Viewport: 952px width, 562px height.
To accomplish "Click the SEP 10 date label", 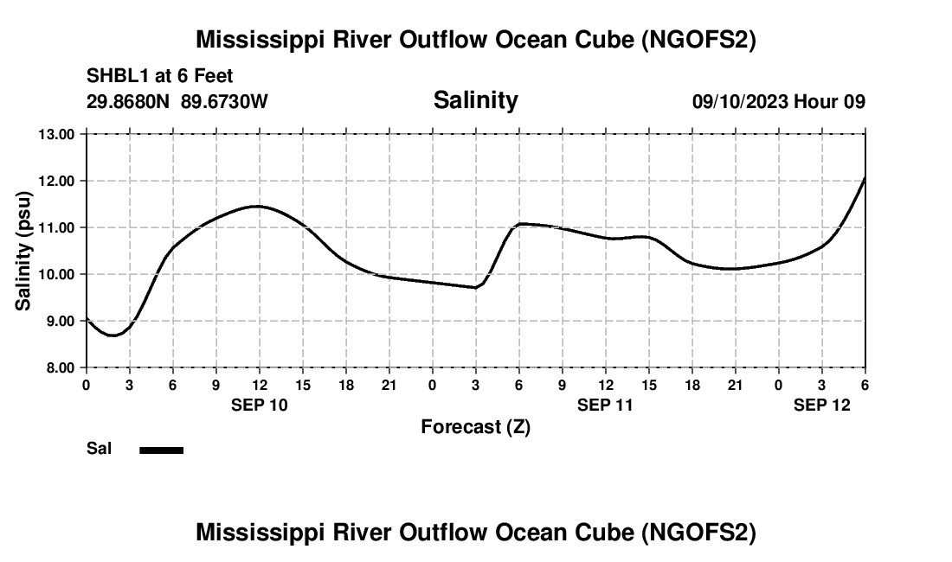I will coord(259,405).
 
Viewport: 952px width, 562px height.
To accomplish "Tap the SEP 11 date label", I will coord(605,405).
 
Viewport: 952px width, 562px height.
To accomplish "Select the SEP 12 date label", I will coord(822,405).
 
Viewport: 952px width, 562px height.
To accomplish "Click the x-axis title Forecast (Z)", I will coord(475,426).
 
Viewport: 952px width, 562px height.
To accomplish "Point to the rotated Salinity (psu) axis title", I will coord(24,251).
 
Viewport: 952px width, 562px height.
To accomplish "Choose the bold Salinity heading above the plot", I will coord(475,100).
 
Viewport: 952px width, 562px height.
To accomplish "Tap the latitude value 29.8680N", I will coord(129,102).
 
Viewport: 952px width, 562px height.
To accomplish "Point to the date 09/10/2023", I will coord(740,102).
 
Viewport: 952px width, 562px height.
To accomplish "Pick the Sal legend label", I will coord(99,449).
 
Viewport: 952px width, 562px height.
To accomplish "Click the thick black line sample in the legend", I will coord(161,450).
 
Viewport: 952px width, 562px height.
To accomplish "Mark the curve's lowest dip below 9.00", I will coord(113,335).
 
